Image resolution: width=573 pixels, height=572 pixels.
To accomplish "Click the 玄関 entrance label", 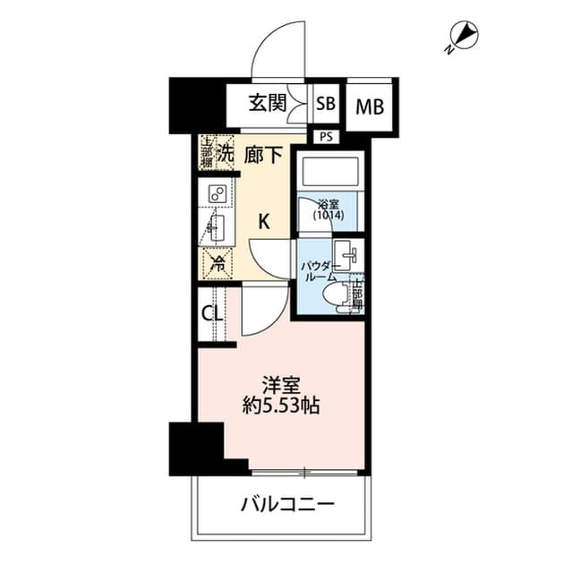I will pyautogui.click(x=268, y=104).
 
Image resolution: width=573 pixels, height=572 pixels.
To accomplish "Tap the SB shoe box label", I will pyautogui.click(x=325, y=104).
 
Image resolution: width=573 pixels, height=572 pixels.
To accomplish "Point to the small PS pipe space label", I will pyautogui.click(x=324, y=136).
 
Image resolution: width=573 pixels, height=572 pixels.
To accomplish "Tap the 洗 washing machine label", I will pyautogui.click(x=225, y=153).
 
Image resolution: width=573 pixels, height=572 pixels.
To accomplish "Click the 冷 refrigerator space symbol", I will pyautogui.click(x=217, y=264).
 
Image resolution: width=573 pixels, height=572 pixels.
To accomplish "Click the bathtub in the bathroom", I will pyautogui.click(x=328, y=171).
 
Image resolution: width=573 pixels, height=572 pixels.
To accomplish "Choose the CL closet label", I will pyautogui.click(x=212, y=313).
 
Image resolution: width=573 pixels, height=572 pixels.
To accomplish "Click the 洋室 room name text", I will pyautogui.click(x=281, y=387).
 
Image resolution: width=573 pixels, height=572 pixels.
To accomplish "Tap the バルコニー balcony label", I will pyautogui.click(x=286, y=505).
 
